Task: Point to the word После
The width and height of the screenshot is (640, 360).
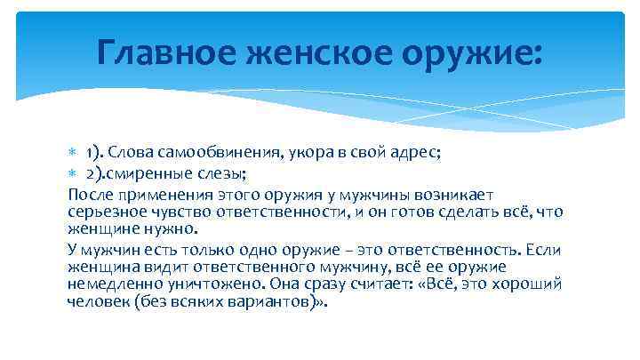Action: [90, 194]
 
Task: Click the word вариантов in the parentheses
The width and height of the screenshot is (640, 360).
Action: [273, 300]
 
